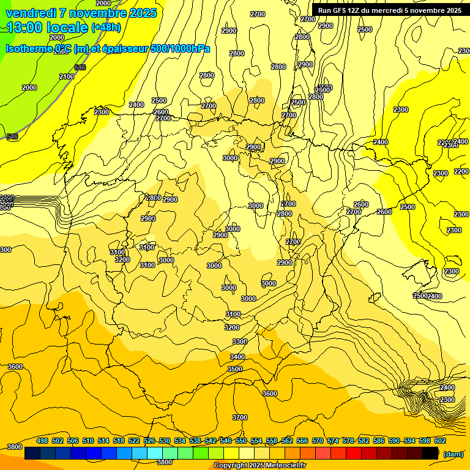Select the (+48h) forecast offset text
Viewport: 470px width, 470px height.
[106, 28]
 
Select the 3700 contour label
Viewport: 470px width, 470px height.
[240, 417]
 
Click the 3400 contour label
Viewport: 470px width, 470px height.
[237, 357]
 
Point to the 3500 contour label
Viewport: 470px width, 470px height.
[235, 369]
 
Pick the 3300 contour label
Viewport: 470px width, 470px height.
[240, 341]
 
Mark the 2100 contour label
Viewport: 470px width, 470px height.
[67, 76]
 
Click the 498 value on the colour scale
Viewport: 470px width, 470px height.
[42, 441]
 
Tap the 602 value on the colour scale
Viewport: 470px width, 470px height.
[440, 441]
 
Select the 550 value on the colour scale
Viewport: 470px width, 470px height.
[241, 441]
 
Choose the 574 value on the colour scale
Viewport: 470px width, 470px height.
[333, 441]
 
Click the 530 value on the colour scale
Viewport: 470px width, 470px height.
[165, 441]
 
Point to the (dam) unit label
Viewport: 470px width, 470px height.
[453, 453]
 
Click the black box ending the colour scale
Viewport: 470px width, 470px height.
[430, 453]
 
